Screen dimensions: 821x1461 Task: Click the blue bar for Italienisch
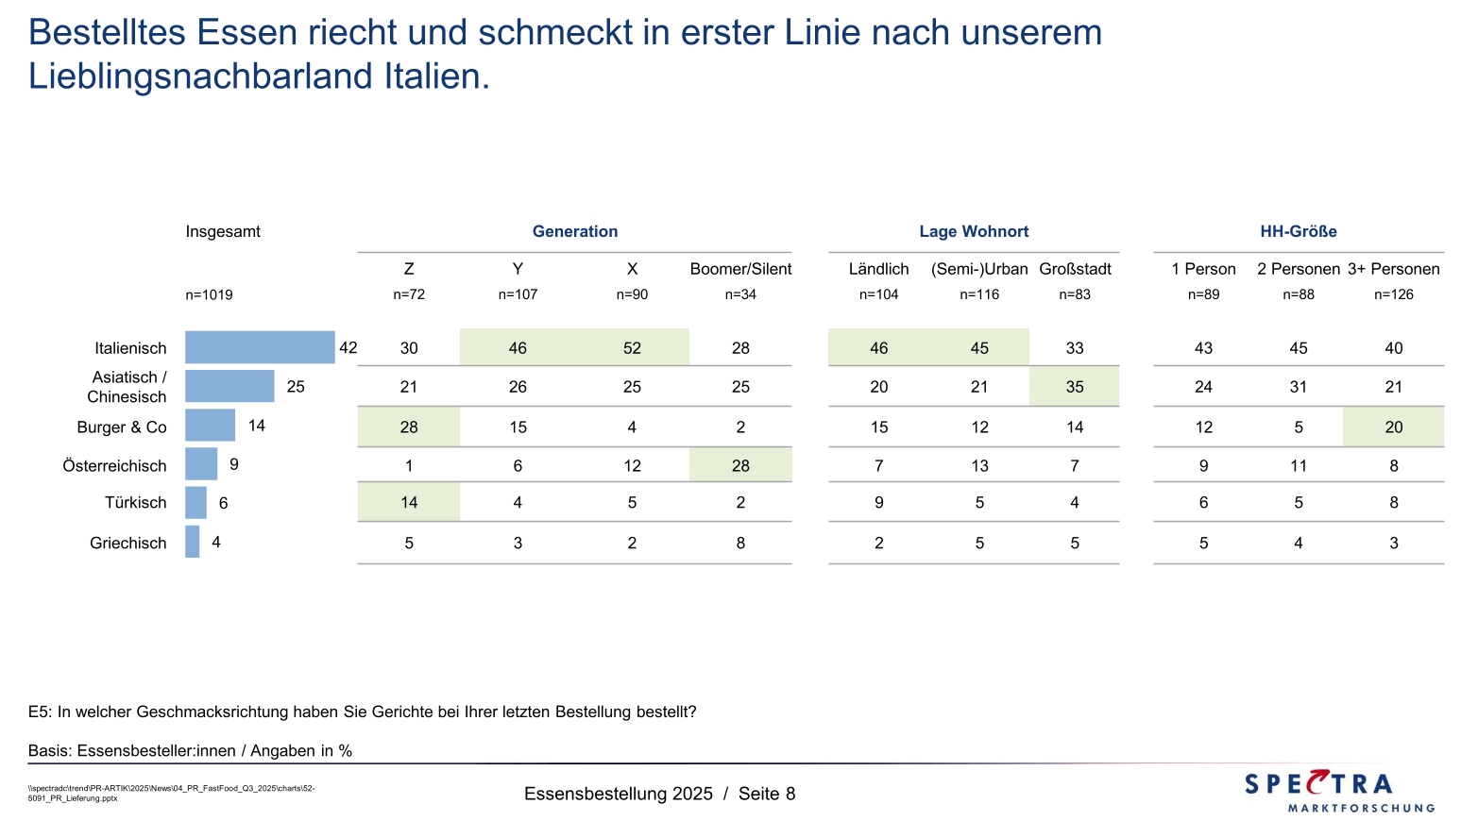pyautogui.click(x=260, y=347)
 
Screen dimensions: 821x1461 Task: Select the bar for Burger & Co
pyautogui.click(x=210, y=425)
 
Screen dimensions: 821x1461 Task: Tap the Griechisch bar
pyautogui.click(x=193, y=542)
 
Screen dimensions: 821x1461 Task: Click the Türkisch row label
pyautogui.click(x=136, y=503)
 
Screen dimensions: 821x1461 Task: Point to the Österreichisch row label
pyautogui.click(x=114, y=466)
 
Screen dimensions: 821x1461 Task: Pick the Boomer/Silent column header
pyautogui.click(x=740, y=269)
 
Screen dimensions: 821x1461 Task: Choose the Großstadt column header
pyautogui.click(x=1075, y=269)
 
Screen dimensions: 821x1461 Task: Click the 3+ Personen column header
pyautogui.click(x=1393, y=269)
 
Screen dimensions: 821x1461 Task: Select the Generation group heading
pyautogui.click(x=575, y=231)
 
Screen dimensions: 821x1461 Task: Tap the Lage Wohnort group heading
pyautogui.click(x=974, y=231)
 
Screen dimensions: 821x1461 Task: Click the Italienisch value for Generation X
pyautogui.click(x=632, y=348)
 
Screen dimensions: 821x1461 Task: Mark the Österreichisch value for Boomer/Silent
pyautogui.click(x=740, y=466)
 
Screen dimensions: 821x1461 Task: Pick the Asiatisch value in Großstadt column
pyautogui.click(x=1075, y=387)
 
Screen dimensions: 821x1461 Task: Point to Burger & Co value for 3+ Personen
pyautogui.click(x=1394, y=427)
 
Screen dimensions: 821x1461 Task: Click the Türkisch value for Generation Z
pyautogui.click(x=409, y=503)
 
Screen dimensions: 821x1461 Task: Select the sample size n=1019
pyautogui.click(x=209, y=294)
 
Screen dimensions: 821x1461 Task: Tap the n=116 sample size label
pyautogui.click(x=979, y=294)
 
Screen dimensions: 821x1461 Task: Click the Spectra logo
pyautogui.click(x=1339, y=791)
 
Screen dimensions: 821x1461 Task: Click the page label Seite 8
pyautogui.click(x=767, y=794)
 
